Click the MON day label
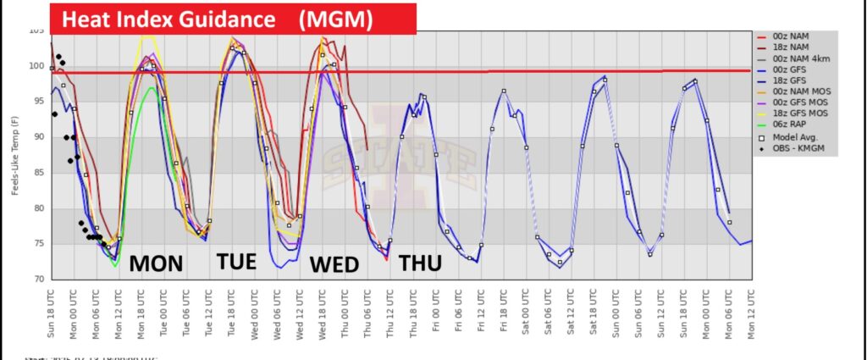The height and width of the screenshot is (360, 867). (156, 263)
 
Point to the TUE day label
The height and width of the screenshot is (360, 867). (235, 261)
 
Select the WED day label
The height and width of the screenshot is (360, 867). (334, 264)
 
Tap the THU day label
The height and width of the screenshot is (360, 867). (420, 263)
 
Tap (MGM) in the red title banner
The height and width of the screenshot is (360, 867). (336, 19)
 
